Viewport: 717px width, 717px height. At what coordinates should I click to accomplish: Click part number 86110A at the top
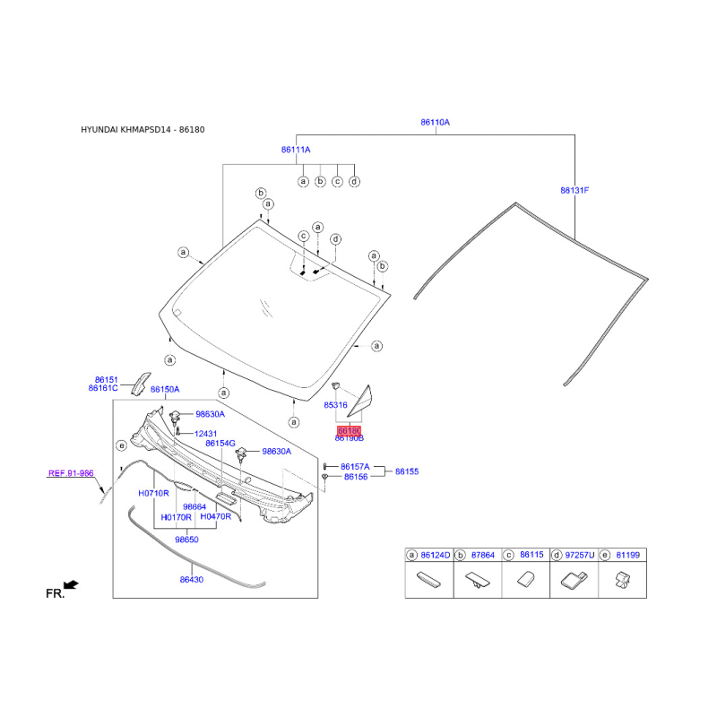(x=435, y=122)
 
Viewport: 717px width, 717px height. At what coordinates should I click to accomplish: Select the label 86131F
(x=574, y=190)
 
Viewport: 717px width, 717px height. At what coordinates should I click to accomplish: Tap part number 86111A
(x=295, y=150)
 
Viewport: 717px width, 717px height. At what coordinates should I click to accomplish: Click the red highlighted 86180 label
(x=349, y=430)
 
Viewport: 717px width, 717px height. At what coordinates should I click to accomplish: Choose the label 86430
(x=191, y=581)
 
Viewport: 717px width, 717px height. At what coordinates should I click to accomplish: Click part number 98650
(x=186, y=540)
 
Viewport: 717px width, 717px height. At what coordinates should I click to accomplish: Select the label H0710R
(x=153, y=494)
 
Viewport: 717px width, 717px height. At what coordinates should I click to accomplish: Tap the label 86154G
(x=220, y=443)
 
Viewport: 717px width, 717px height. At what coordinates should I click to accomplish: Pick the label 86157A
(x=355, y=467)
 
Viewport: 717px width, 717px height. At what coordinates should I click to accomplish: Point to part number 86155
(x=407, y=471)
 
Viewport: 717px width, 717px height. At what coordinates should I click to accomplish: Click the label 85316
(x=336, y=405)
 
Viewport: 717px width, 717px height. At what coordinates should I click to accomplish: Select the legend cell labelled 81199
(x=627, y=556)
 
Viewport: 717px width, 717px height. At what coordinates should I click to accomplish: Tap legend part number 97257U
(x=579, y=556)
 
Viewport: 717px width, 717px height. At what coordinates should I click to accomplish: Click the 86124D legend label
(x=435, y=556)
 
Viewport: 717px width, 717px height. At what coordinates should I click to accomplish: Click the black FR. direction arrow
(x=71, y=584)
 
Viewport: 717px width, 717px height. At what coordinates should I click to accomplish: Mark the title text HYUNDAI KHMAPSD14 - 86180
(x=143, y=130)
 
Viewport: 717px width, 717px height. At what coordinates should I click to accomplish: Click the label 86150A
(x=165, y=389)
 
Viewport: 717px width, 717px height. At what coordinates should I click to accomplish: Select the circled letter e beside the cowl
(x=121, y=445)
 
